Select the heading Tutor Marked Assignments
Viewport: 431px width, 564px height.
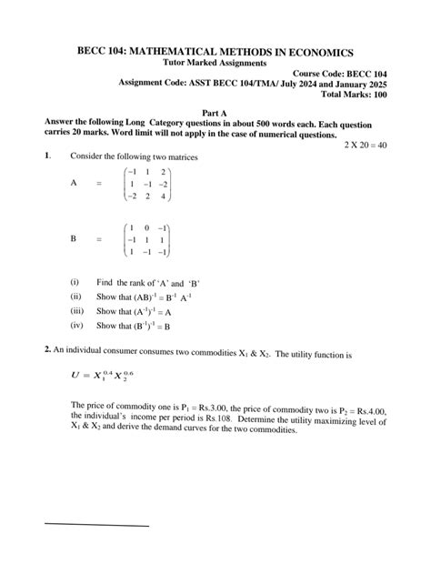pos(215,64)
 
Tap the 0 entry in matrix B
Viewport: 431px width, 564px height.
pos(146,227)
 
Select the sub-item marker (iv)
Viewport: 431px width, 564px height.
pos(75,325)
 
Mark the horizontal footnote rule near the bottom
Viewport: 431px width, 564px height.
pos(96,526)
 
